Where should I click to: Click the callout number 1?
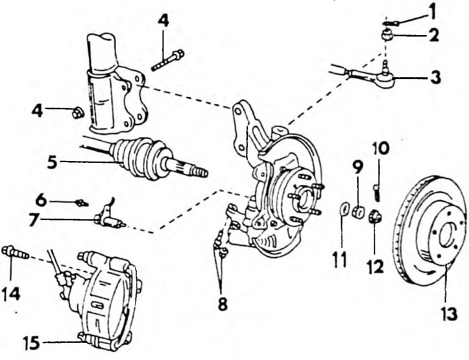click(431, 12)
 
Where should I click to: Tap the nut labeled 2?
click(388, 34)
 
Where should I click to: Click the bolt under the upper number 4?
click(168, 60)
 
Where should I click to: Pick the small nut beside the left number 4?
click(78, 113)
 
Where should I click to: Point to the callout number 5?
click(52, 162)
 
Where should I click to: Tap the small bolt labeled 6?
click(82, 203)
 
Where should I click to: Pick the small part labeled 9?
click(357, 211)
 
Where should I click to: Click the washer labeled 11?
click(344, 209)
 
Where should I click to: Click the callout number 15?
click(32, 342)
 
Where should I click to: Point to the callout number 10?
click(381, 149)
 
